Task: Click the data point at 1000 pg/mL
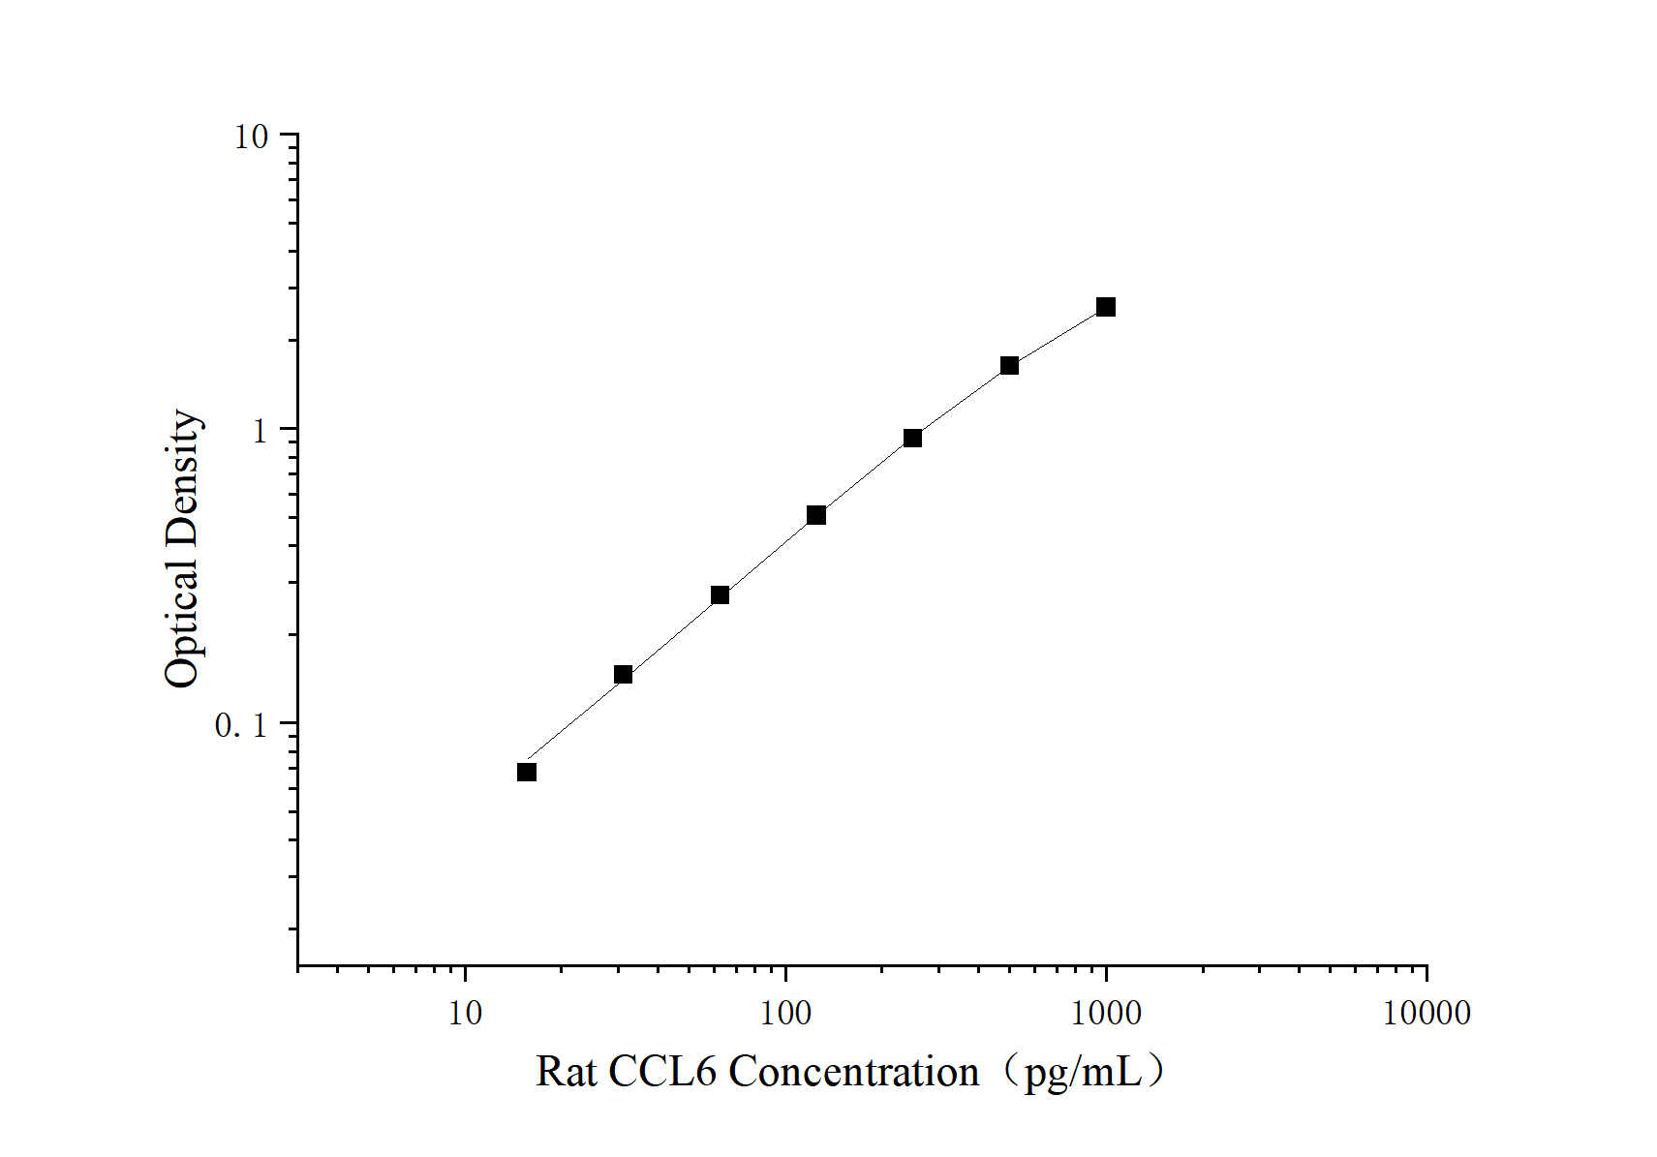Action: pos(1106,307)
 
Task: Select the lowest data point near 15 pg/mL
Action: pos(527,773)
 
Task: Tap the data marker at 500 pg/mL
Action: pos(1010,365)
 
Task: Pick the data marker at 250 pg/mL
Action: pos(913,438)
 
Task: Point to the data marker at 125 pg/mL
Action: pos(816,516)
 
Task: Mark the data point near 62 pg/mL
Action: pos(720,594)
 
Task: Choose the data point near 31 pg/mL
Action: pos(624,675)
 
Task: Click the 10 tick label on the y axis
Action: pos(252,137)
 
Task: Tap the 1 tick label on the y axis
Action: pos(260,431)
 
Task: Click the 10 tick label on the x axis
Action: pos(465,1013)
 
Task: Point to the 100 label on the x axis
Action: pos(785,1013)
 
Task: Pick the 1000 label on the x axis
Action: pos(1106,1013)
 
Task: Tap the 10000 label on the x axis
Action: pos(1427,1013)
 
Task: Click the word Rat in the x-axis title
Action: pos(566,1071)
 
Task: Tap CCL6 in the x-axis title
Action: pos(662,1071)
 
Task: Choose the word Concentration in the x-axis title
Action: pos(853,1071)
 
